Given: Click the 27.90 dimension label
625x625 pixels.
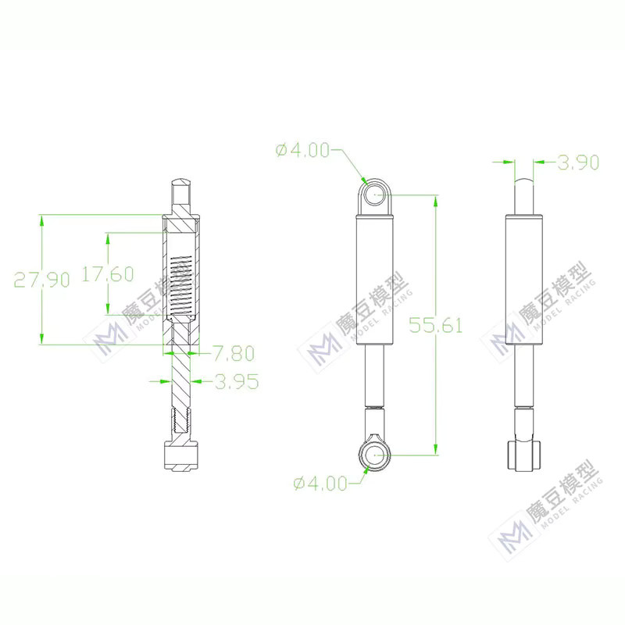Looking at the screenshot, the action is [x=42, y=280].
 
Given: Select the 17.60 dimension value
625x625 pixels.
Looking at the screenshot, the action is [x=108, y=274].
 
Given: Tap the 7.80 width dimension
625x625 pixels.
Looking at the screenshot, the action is [x=234, y=353].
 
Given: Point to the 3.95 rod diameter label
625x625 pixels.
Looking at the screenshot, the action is [x=237, y=381].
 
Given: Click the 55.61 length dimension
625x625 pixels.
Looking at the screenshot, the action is [x=436, y=325].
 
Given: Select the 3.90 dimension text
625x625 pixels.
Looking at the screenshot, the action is [x=578, y=162].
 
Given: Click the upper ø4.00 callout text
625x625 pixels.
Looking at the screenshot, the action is [x=302, y=150].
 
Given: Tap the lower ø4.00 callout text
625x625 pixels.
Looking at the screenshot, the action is [x=320, y=484].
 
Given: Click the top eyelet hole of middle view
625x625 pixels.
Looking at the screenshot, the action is [x=375, y=195].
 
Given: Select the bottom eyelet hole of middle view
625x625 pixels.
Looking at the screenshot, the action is [x=375, y=455].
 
